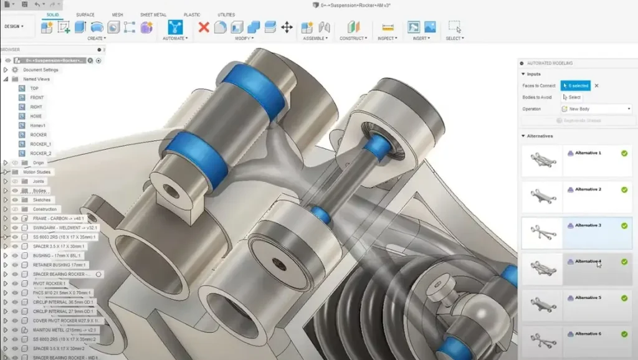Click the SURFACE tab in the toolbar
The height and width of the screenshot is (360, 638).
85,14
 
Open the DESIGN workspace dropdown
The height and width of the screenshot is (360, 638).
14,26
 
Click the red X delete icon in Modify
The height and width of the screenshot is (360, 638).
203,27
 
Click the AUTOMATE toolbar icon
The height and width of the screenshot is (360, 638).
175,27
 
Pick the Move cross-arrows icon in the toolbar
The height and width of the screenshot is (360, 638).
287,27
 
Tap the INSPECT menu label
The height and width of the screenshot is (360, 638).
386,39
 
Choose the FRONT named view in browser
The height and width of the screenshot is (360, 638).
37,98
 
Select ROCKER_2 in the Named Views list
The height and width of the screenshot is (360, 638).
41,153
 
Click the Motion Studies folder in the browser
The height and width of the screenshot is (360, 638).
37,172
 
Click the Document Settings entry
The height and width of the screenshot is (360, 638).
40,70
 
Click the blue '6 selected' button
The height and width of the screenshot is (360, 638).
575,86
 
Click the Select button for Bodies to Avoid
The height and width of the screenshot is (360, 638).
571,97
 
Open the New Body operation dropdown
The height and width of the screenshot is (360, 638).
596,109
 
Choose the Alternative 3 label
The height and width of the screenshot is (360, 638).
588,225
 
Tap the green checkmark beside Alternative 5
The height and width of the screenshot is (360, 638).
624,298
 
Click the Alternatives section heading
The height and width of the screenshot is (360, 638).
540,136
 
